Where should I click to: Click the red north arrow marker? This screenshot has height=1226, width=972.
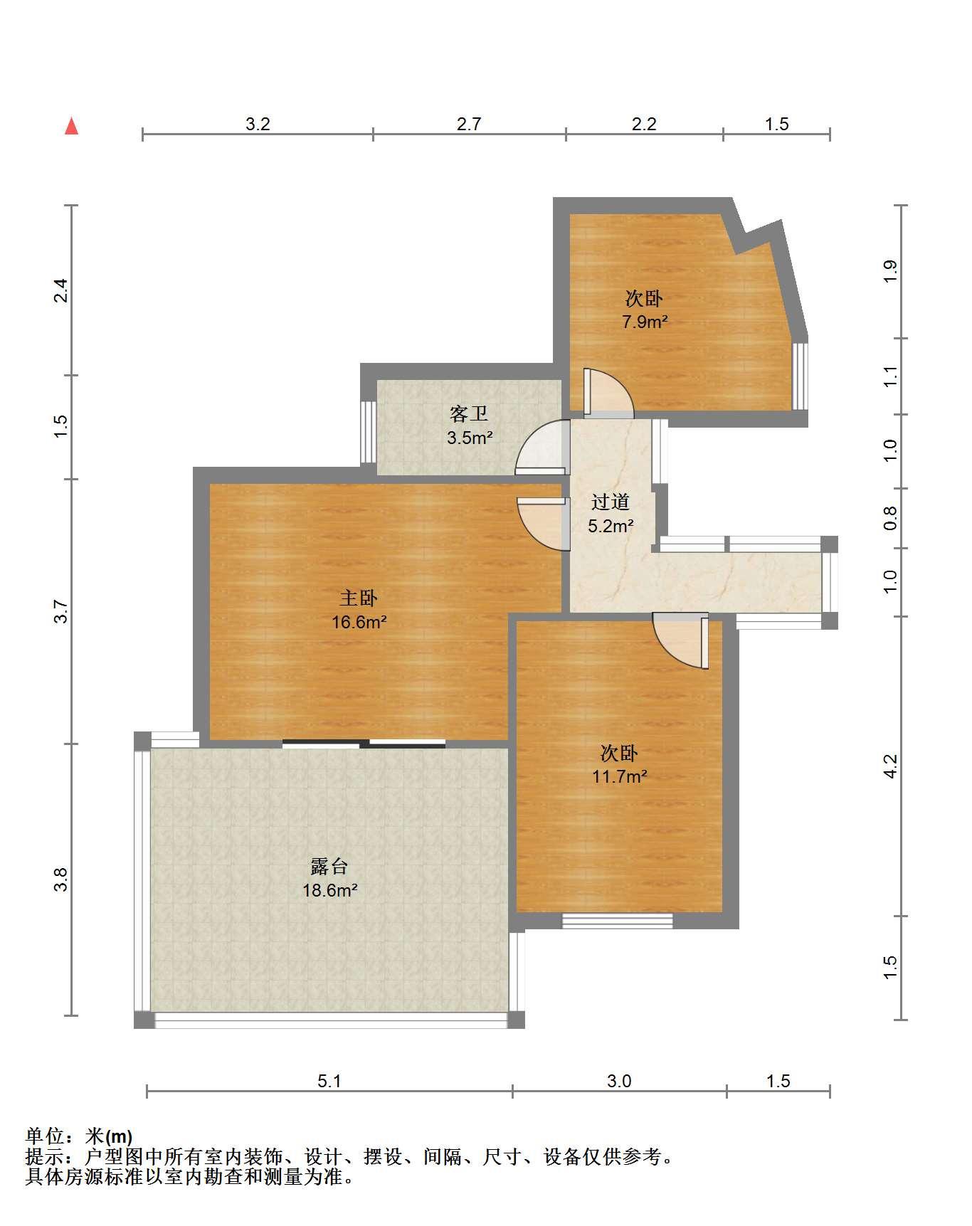pos(71,126)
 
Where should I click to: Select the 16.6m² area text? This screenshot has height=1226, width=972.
pos(359,623)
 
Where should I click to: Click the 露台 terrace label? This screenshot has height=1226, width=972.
pos(329,867)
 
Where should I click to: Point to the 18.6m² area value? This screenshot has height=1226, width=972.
pos(329,890)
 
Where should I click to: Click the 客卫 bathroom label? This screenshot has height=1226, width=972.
pos(469,413)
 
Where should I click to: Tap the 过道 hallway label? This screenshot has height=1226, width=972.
pos(611,502)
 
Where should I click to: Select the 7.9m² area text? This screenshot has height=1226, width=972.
pos(645,322)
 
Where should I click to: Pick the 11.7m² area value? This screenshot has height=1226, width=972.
pos(619,776)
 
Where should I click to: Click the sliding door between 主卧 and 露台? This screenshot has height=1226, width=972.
pos(364,744)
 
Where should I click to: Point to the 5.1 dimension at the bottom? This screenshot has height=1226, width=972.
pos(329,1082)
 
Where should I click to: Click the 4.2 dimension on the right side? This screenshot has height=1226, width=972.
pos(890,766)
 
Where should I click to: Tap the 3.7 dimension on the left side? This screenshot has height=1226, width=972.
pos(62,612)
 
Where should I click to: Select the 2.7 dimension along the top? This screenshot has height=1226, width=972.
pos(469,124)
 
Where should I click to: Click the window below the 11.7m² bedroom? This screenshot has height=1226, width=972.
pos(618,921)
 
